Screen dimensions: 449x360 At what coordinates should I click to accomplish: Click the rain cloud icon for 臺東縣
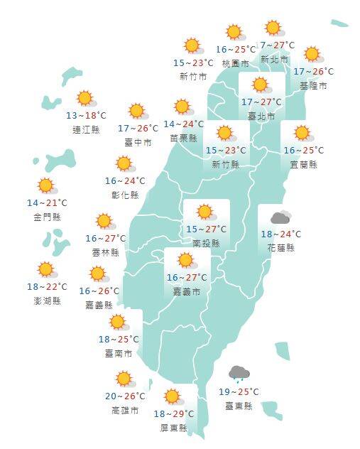click(x=239, y=374)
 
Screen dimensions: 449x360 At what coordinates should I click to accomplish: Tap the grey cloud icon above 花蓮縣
click(x=280, y=217)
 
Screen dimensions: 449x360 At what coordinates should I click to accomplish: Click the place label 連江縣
click(x=86, y=129)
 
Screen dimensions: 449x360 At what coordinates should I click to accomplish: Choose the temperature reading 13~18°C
click(x=86, y=116)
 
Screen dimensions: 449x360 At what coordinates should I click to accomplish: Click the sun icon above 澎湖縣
click(x=47, y=270)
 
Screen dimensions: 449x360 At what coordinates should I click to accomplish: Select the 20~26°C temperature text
click(x=125, y=396)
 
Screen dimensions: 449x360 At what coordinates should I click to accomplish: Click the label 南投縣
click(x=206, y=243)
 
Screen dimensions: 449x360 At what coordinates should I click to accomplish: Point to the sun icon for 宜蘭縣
click(x=303, y=134)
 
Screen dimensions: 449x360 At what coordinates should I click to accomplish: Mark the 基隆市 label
click(x=313, y=85)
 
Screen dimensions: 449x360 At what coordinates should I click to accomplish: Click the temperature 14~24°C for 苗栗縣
click(x=184, y=124)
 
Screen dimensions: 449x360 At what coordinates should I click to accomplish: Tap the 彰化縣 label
click(x=125, y=195)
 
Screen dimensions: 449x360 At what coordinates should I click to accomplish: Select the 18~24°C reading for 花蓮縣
click(x=281, y=234)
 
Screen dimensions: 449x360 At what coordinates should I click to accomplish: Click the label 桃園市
click(x=235, y=63)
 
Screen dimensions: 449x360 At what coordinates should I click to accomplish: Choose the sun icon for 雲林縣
click(x=105, y=222)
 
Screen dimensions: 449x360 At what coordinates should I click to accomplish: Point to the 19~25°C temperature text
click(x=239, y=391)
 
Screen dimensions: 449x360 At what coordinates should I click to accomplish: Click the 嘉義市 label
click(x=187, y=291)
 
